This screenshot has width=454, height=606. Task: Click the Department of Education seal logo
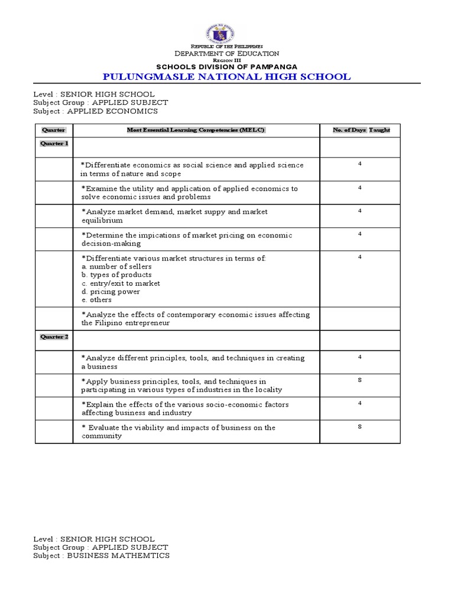pos(226,33)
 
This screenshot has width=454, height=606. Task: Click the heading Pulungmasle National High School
pos(226,76)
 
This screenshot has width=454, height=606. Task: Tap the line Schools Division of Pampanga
pos(226,66)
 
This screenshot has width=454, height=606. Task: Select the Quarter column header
pos(54,130)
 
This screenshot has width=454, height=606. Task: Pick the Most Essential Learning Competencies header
pos(196,130)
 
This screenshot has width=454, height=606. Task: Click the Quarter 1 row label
pos(54,143)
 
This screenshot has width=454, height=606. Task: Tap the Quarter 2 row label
pos(54,337)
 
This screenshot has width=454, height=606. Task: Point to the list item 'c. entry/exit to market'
pos(121,283)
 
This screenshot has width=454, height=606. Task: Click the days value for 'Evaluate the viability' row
pos(359,426)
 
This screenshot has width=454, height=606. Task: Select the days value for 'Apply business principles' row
pos(359,379)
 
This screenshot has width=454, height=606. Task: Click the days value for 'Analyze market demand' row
pos(359,210)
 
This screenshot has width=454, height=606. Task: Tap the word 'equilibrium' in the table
pos(102,221)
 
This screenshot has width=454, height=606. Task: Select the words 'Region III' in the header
pos(226,60)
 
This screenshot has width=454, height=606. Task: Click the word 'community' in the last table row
pos(102,436)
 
